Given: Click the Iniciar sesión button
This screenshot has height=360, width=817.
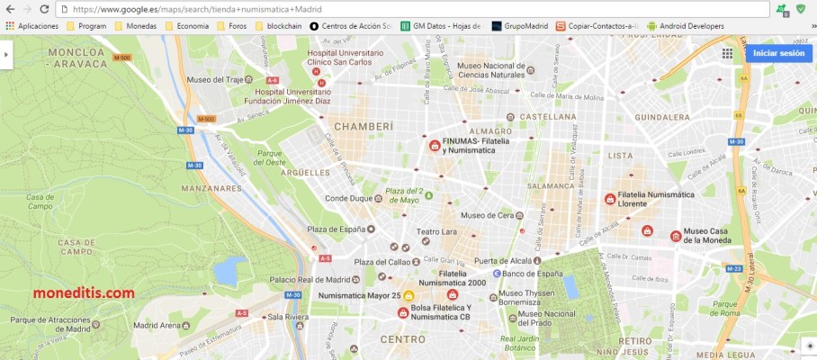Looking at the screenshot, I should click(x=778, y=53).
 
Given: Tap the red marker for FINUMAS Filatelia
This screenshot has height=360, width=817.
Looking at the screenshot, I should click(x=435, y=145).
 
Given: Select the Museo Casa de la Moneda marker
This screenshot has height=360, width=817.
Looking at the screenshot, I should click(x=676, y=236).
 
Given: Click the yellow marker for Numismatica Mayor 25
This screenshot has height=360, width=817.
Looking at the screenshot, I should click(x=408, y=295).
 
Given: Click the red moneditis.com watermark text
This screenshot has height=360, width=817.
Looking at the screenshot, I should click(x=85, y=293).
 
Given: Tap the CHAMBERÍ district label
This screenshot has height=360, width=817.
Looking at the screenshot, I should click(x=364, y=127).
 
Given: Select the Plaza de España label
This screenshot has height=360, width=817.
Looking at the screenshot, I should click(x=336, y=229).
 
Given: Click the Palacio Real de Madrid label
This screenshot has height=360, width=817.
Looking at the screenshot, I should click(x=308, y=279).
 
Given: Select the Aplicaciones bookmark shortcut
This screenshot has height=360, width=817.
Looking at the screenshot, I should click(x=31, y=26).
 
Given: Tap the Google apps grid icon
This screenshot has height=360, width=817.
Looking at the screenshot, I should click(x=727, y=53).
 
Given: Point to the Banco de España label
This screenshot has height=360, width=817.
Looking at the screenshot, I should click(x=532, y=273).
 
